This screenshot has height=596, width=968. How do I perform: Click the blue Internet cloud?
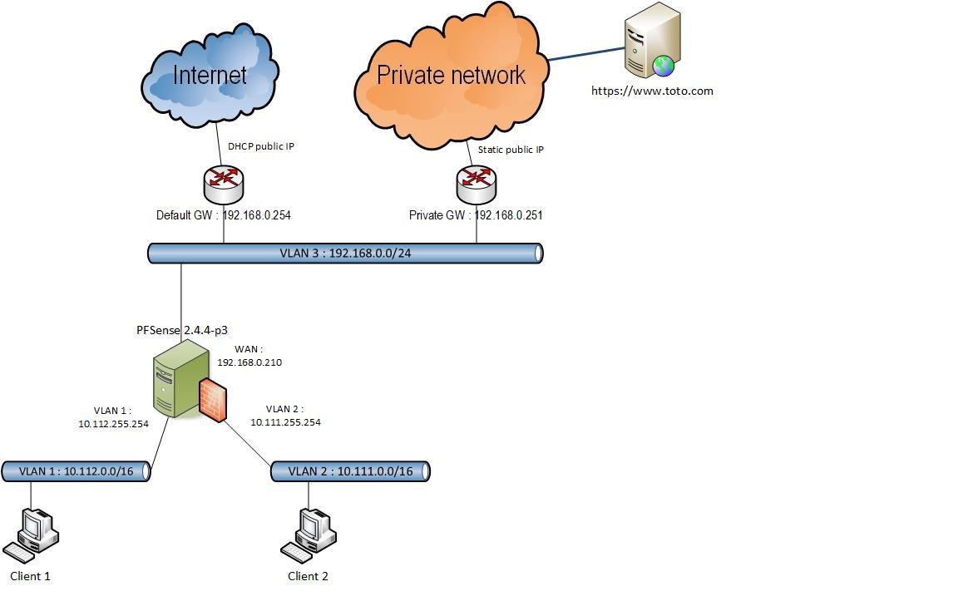(x=210, y=76)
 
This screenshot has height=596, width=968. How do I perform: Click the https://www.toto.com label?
(x=652, y=91)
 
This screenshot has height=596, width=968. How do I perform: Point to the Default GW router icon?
(x=224, y=183)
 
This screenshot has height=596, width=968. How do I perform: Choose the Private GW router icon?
(x=477, y=183)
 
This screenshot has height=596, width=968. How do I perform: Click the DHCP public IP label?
(x=261, y=146)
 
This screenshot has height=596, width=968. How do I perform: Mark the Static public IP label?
(x=511, y=150)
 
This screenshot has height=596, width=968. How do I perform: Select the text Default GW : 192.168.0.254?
(x=224, y=215)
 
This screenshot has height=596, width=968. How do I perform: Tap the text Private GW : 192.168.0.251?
(x=476, y=215)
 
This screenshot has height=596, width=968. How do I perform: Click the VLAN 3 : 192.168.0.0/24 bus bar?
(x=345, y=253)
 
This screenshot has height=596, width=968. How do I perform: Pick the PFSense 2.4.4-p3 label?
(x=182, y=330)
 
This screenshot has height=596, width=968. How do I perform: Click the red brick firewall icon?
(x=213, y=399)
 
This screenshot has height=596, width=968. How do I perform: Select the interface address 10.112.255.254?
(x=114, y=424)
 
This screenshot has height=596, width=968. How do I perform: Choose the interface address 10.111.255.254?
(x=285, y=422)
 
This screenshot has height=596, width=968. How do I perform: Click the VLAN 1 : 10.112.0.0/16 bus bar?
(x=76, y=471)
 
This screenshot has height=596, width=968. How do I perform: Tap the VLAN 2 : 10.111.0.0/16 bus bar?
(x=350, y=471)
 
